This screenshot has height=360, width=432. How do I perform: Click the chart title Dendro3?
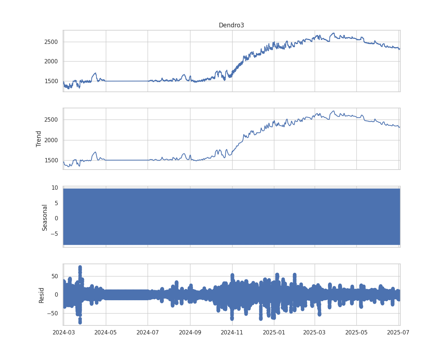231,25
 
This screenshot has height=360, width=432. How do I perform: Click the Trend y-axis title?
39,139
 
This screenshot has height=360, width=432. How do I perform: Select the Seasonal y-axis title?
45,217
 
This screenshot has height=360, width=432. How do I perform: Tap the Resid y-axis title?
41,295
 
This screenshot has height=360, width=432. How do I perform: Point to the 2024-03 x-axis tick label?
63,332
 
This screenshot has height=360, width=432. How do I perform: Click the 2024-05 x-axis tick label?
106,332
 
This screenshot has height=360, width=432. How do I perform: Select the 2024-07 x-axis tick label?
148,332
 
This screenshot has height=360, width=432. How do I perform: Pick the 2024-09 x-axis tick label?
190,332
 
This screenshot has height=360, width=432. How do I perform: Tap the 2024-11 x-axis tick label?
232,332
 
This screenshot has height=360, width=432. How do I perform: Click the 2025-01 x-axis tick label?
274,332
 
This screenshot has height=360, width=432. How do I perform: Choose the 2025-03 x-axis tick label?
315,332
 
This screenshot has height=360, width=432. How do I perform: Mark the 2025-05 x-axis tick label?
356,332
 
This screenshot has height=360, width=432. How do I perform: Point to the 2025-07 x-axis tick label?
399,332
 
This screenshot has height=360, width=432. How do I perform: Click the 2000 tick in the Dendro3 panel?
51,62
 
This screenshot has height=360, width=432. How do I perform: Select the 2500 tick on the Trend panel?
51,120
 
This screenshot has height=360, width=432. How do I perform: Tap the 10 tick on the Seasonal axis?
55,188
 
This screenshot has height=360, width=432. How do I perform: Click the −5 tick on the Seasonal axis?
54,234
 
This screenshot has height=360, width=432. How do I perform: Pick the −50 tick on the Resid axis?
52,313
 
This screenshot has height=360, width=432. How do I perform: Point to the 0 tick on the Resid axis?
57,294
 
